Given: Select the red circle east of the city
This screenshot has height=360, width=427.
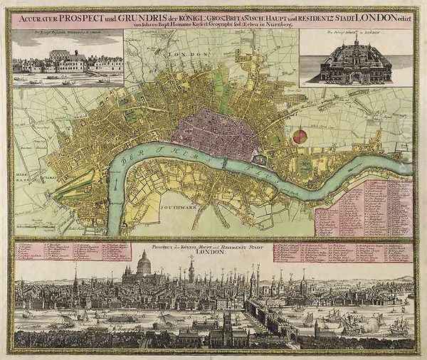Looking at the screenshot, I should click(x=300, y=135).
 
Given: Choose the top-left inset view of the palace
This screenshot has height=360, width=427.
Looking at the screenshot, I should click(x=68, y=63).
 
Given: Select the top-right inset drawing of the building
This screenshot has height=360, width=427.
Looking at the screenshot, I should click(x=354, y=63).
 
